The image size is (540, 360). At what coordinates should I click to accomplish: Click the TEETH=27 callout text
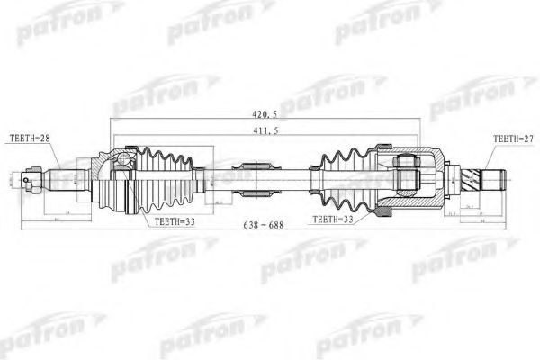click(512, 138)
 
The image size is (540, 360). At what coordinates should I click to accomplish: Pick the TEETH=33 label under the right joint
click(334, 219)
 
